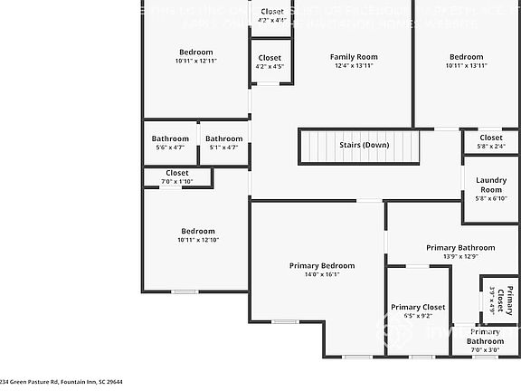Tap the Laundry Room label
(x=490, y=185)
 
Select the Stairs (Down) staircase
(x=360, y=146)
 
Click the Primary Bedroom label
(x=322, y=265)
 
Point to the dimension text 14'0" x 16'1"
(x=322, y=275)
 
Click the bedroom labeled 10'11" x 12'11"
(x=196, y=56)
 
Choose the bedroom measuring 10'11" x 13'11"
(x=468, y=61)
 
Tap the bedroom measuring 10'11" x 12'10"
(x=197, y=235)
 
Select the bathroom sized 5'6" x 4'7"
(x=170, y=143)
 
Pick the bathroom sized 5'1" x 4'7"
(x=223, y=143)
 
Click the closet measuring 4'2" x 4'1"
(x=270, y=14)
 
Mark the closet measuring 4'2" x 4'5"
(x=270, y=62)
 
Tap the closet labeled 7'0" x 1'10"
(x=176, y=176)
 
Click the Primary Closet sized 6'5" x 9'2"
(x=417, y=311)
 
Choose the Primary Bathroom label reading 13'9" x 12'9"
(x=460, y=252)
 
